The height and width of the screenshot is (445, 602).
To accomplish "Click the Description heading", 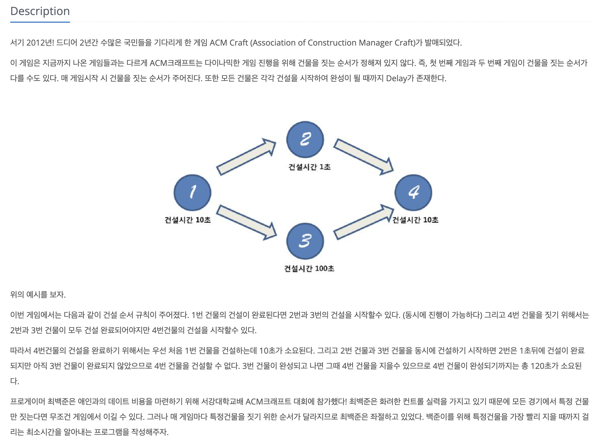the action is coord(40,11).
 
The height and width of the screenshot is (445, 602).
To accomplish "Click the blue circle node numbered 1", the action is coord(193,192).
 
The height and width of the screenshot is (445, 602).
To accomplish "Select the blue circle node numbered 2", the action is coord(305,139).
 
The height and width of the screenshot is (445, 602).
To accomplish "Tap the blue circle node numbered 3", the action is coord(305,241).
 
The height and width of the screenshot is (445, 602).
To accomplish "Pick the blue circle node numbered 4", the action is coord(413,192).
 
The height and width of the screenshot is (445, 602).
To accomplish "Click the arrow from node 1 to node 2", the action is coord(246,157).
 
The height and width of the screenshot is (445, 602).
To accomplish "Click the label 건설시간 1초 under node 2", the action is coord(309,167).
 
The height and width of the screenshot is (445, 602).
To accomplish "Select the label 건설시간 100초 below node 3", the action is coord(309,269).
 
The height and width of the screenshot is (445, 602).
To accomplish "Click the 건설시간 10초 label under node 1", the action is coord(188,220).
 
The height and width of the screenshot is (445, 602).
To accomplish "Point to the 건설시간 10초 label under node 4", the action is coord(415,220).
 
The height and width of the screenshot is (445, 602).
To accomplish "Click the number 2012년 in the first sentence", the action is coord(40,43).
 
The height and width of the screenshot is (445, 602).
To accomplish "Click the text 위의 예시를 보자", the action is coord(38,295).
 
